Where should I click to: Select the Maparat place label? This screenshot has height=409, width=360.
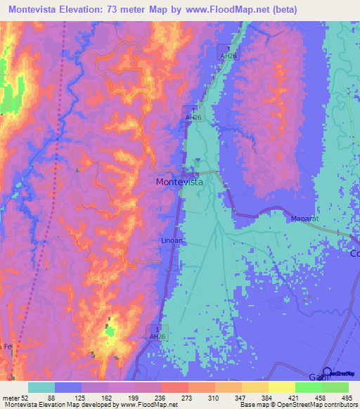[305, 219]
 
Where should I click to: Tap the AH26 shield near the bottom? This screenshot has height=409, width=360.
[157, 332]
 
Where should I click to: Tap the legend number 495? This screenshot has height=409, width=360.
[347, 398]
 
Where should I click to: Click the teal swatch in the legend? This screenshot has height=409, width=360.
[41, 387]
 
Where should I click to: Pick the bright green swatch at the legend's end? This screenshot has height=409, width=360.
[335, 387]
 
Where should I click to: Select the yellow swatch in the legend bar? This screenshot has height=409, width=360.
[282, 387]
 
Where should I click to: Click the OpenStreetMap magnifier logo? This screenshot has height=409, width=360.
[328, 372]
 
